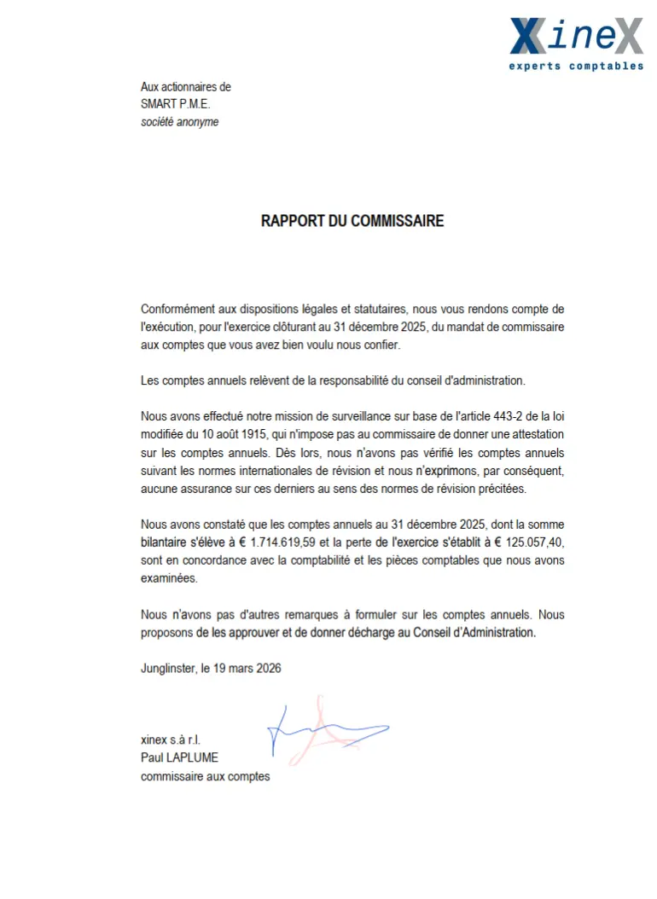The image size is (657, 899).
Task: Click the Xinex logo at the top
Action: (x=576, y=38)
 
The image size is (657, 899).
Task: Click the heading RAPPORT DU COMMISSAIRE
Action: (x=352, y=221)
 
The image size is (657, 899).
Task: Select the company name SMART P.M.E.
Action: (x=175, y=104)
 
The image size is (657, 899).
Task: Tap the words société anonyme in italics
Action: (x=179, y=122)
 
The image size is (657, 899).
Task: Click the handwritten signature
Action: (x=324, y=729)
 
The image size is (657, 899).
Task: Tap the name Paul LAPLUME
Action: (x=181, y=757)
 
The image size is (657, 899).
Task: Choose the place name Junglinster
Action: (x=167, y=669)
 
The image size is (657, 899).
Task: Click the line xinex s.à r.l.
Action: (x=171, y=739)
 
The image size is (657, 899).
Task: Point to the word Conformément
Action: (x=178, y=310)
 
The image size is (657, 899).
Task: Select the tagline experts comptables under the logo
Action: (x=576, y=66)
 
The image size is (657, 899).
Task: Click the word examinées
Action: (x=169, y=577)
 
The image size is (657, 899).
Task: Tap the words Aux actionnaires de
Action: (x=185, y=87)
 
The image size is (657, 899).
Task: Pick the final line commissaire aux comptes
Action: (x=205, y=776)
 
